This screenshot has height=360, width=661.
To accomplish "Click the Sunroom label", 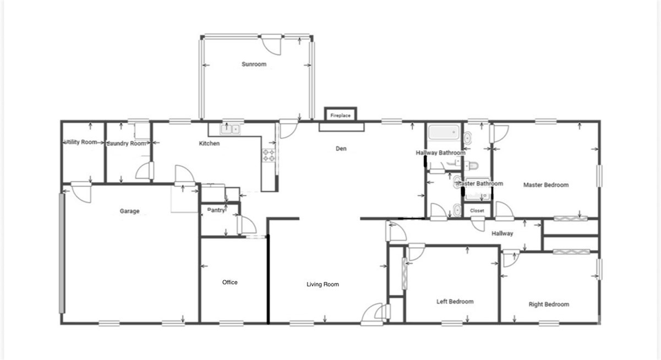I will pyautogui.click(x=254, y=64).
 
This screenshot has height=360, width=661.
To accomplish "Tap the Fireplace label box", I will pyautogui.click(x=340, y=116).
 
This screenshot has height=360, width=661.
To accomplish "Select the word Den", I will pyautogui.click(x=341, y=149).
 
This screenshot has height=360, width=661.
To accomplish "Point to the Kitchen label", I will pyautogui.click(x=209, y=144).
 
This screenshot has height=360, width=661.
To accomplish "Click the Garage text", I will pyautogui.click(x=130, y=211).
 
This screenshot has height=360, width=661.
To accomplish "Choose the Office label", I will pyautogui.click(x=230, y=282).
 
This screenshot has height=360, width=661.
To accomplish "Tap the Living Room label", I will pyautogui.click(x=323, y=285).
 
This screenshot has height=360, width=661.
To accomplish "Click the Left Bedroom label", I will pyautogui.click(x=455, y=302).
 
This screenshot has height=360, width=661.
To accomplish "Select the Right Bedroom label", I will pyautogui.click(x=549, y=304).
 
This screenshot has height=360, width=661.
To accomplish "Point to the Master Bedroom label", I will pyautogui.click(x=545, y=185).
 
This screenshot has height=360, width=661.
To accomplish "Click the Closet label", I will pyautogui.click(x=477, y=211).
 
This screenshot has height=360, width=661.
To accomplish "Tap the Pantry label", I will pyautogui.click(x=216, y=210).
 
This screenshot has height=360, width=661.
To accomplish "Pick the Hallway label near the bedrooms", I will pyautogui.click(x=502, y=233).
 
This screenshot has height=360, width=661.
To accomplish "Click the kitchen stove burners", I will pyautogui.click(x=269, y=155).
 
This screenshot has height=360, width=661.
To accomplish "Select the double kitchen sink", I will pyautogui.click(x=230, y=129).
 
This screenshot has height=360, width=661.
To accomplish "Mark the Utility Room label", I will pyautogui.click(x=81, y=143).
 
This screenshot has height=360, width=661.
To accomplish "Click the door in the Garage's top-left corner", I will pyautogui.click(x=80, y=192).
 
